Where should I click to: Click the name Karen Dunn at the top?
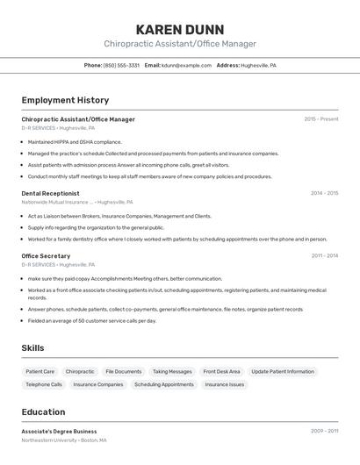point(180,29)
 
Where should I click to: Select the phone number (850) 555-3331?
point(121,65)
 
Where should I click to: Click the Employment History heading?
point(65,100)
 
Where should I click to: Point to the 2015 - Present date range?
point(320,118)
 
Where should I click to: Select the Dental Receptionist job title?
point(50,193)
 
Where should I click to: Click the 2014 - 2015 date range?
point(324,193)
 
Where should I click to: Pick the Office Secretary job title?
point(46,255)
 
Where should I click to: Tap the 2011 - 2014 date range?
point(324,255)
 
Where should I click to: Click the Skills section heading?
point(32,348)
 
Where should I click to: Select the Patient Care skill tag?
point(40,371)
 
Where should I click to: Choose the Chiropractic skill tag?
point(80,371)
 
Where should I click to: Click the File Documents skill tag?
point(123,371)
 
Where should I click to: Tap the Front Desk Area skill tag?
point(221,371)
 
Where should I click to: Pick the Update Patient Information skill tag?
point(282,371)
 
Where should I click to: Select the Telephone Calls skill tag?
point(44,384)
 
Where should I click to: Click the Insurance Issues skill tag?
point(225,384)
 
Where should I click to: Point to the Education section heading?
point(43,411)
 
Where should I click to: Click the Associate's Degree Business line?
point(59,431)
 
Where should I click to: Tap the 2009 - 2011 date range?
point(324,431)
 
